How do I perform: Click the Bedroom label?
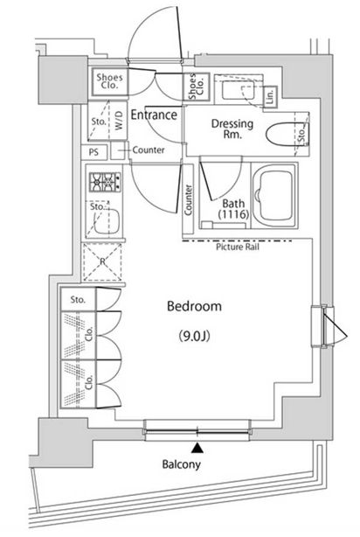[194, 307]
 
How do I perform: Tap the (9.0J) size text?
[194, 335]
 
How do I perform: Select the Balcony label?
[181, 464]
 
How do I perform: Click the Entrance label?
[155, 115]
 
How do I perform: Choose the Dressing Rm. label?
[232, 129]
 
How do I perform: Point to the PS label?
[93, 151]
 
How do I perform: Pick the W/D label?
[119, 122]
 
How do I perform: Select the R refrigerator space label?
[103, 260]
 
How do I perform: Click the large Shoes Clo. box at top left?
[109, 81]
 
